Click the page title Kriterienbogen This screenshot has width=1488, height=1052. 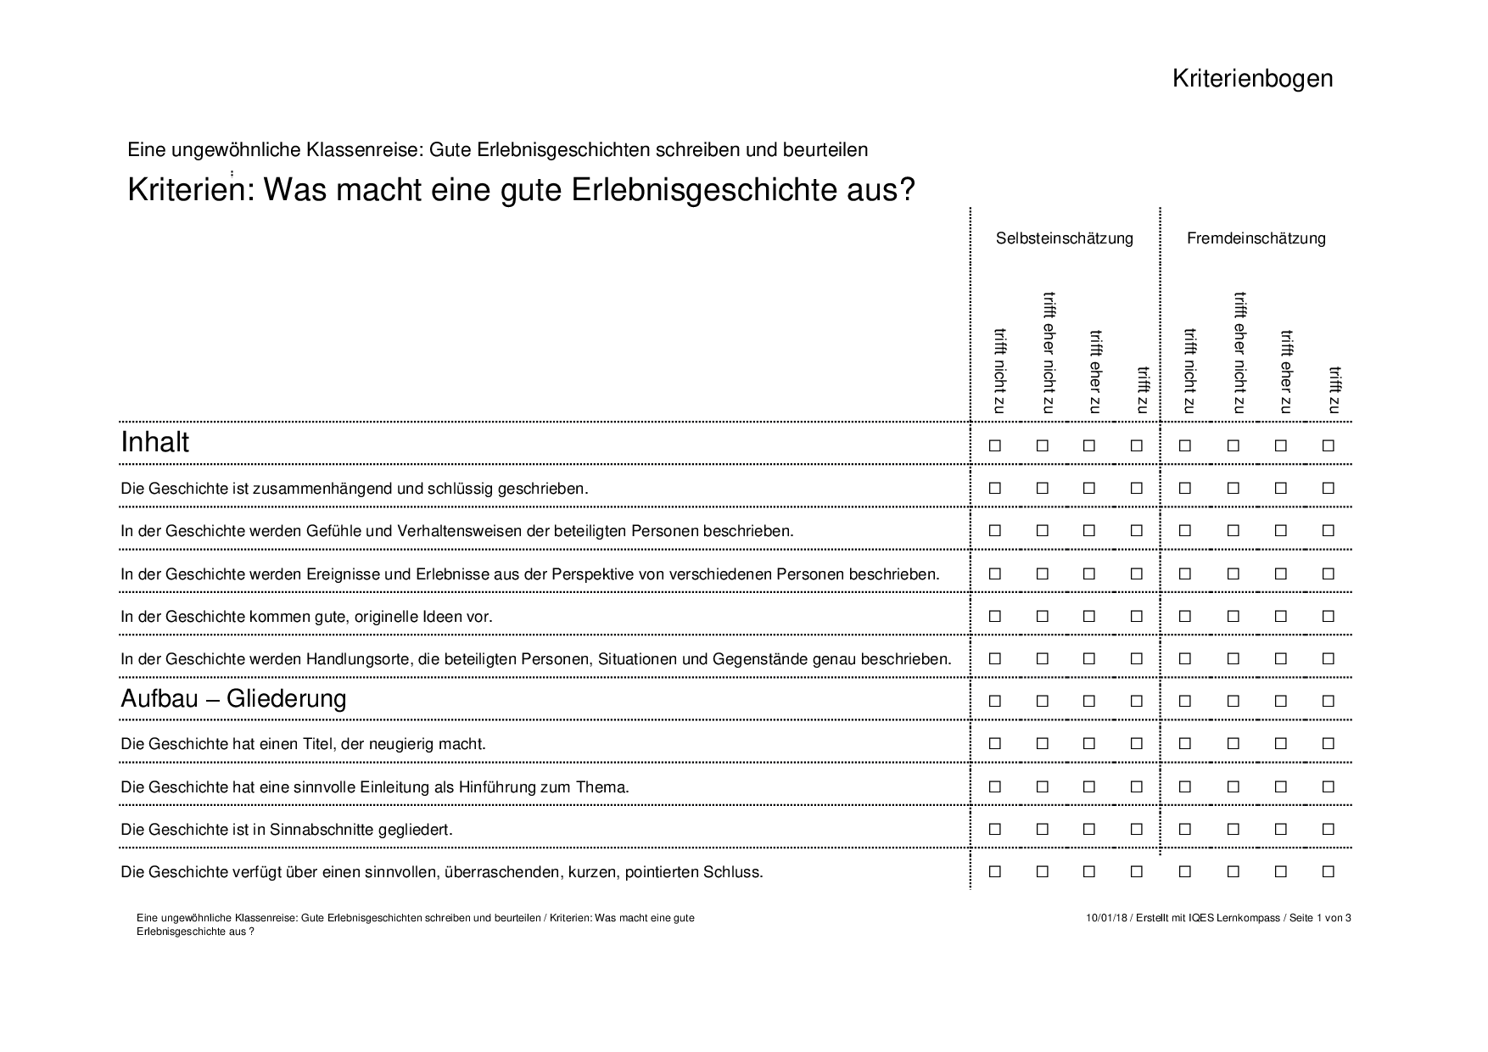point(1252,78)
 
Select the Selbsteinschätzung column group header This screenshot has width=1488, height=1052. point(1064,238)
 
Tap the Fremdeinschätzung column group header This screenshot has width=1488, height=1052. point(1256,238)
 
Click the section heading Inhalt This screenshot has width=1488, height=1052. point(155,443)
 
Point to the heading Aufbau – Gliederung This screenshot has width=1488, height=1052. point(233,699)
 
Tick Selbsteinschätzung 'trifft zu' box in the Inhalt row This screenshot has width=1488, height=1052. point(1137,445)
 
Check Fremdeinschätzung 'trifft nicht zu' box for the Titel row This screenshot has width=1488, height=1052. point(1185,744)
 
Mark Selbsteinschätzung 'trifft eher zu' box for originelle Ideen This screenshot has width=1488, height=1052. point(1089,616)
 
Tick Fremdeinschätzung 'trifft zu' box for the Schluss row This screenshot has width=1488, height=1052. point(1329,871)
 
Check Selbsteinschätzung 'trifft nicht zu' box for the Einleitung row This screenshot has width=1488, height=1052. point(995,786)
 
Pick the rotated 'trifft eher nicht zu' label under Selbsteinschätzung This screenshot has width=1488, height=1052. point(1049,353)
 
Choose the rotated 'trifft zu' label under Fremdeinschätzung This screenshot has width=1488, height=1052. point(1334,390)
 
